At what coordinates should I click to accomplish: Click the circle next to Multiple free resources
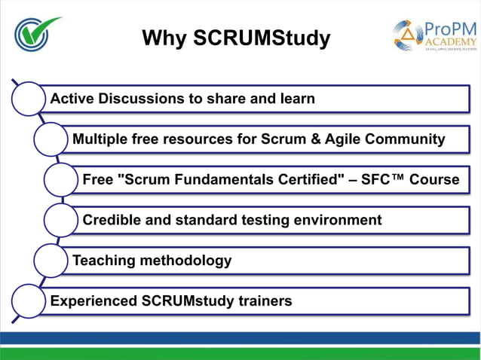point(51,139)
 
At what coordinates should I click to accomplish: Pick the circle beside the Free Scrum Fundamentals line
point(61,180)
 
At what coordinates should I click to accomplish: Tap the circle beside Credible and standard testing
point(61,221)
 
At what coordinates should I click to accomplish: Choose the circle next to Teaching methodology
point(51,261)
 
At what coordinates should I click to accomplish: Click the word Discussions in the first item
point(145,99)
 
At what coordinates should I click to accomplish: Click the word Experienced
point(93,301)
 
